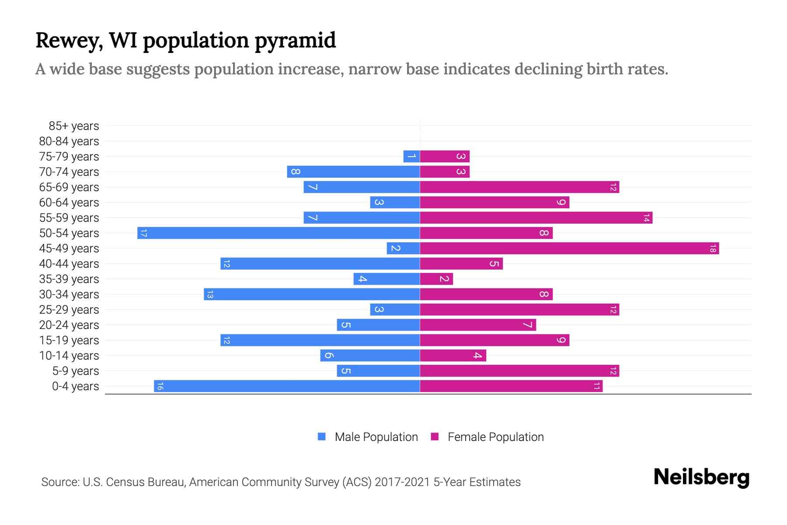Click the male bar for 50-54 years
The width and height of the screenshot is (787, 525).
[279, 233]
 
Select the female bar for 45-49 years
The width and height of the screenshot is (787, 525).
[569, 248]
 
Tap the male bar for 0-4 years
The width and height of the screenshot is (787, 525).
[287, 386]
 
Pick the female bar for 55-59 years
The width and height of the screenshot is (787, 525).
[536, 217]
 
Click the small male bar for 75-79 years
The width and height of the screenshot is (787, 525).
[411, 156]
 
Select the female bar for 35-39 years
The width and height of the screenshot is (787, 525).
[436, 279]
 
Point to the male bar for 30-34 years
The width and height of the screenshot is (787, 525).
[312, 294]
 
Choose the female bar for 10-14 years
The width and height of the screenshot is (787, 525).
[453, 355]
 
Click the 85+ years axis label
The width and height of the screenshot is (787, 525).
[74, 126]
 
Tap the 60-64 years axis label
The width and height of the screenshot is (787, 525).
[69, 203]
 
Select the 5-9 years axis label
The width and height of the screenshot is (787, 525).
[76, 371]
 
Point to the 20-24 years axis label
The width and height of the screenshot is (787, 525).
[69, 325]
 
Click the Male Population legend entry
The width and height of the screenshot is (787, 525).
[376, 437]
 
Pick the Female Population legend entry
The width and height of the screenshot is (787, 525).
[495, 437]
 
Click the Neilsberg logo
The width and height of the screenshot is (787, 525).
[701, 477]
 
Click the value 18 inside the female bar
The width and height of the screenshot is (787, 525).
[713, 248]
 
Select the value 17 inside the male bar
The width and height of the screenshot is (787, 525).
[144, 233]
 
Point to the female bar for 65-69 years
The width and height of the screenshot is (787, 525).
[519, 187]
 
